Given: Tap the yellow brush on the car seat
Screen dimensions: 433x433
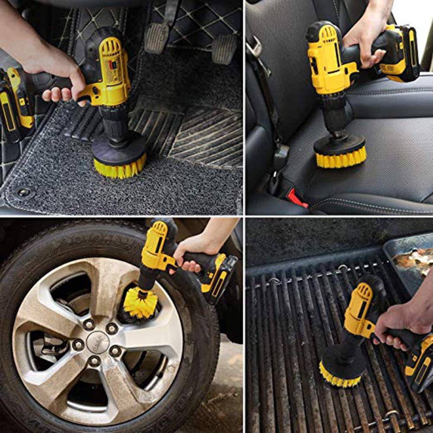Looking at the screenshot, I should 341,158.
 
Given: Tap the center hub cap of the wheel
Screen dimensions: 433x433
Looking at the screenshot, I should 98,342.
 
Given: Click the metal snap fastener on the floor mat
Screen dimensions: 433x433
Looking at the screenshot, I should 24,192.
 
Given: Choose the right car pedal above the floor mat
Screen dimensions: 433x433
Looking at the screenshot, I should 225,48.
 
